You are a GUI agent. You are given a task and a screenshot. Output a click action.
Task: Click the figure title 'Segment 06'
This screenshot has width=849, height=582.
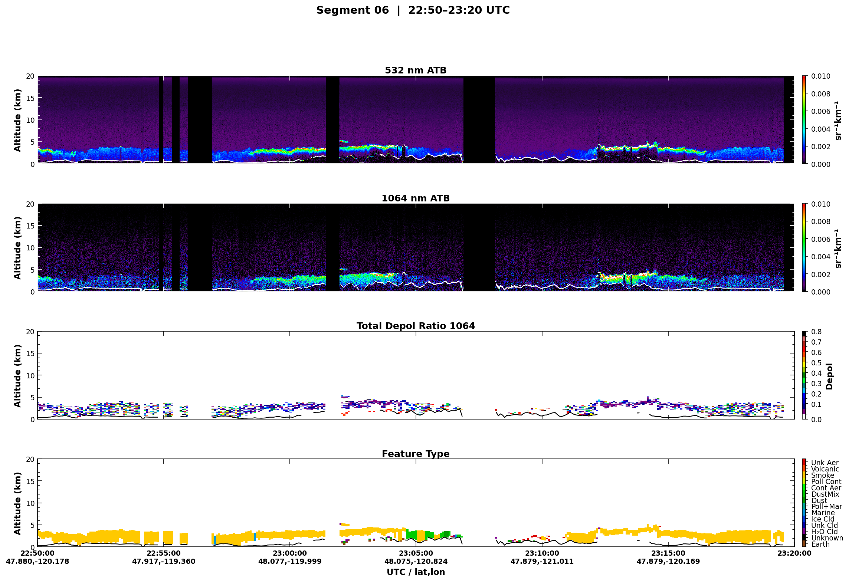[352, 10]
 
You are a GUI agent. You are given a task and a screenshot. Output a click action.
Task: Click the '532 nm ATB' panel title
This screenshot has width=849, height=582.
[416, 70]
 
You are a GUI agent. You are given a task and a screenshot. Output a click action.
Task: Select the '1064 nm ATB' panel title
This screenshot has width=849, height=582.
[416, 198]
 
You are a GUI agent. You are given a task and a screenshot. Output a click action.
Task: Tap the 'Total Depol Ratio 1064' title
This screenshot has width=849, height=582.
[416, 326]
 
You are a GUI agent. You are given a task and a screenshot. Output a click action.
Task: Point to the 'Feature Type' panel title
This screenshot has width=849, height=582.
[416, 454]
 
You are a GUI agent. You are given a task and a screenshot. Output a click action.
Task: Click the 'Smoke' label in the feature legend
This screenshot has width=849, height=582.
[822, 475]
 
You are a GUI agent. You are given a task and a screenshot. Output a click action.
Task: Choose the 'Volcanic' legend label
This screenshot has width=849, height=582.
[825, 469]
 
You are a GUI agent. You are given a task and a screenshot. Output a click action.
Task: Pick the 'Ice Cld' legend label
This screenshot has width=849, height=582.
[823, 519]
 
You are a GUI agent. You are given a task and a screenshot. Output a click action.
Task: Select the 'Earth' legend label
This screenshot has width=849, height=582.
[820, 544]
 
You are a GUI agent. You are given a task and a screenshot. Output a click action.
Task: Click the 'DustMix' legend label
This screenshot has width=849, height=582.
[825, 494]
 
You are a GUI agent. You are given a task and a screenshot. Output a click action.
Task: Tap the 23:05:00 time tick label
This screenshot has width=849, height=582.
[416, 553]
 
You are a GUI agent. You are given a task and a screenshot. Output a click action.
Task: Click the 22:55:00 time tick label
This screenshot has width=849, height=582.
[164, 553]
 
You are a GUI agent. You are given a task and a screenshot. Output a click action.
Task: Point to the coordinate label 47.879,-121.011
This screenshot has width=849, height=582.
[542, 561]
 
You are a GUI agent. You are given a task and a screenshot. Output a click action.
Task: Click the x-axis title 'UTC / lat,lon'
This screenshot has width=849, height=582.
[416, 572]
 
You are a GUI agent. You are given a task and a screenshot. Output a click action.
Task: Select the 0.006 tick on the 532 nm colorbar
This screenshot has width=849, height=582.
[820, 111]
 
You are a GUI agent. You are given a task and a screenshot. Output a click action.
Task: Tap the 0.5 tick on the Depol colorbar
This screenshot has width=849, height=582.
[816, 363]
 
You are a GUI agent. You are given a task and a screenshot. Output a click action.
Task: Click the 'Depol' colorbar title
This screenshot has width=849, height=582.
[829, 376]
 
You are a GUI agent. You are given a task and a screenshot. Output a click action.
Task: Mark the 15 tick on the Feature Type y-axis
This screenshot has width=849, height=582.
[30, 481]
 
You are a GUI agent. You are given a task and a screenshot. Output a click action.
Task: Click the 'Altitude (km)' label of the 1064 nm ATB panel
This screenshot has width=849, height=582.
[17, 248]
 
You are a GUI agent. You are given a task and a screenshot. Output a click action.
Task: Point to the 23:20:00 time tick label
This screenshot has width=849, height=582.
[794, 553]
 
